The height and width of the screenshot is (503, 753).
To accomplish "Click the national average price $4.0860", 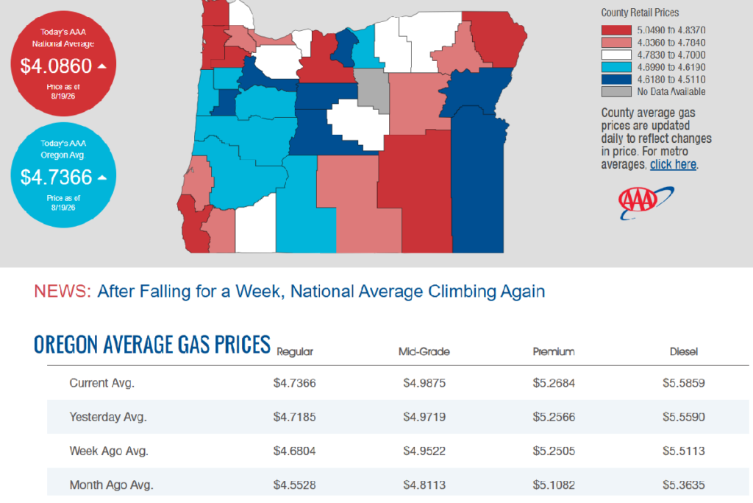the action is (x=56, y=66).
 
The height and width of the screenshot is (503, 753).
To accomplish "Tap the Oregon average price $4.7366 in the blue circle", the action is (x=56, y=177).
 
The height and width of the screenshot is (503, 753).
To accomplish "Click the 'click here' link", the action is (x=673, y=164).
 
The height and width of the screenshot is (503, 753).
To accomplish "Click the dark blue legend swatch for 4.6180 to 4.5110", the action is (x=616, y=80).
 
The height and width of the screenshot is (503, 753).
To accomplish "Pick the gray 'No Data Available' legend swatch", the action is (x=616, y=92).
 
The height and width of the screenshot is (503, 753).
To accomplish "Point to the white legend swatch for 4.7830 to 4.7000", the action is (x=616, y=54).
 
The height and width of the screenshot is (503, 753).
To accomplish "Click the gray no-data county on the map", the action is (x=372, y=90).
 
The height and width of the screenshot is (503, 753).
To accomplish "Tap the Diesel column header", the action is (x=683, y=351).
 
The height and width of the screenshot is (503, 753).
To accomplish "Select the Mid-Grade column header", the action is (x=424, y=351).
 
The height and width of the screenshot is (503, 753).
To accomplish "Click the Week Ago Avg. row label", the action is (x=109, y=451).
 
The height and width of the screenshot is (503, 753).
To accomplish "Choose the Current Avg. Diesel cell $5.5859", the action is (x=683, y=383).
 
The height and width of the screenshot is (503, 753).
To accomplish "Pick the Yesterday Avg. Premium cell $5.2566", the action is (x=554, y=417).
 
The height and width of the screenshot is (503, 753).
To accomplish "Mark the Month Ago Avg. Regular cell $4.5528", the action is (x=294, y=485).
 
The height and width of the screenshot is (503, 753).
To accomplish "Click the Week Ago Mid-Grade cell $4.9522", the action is (x=424, y=451).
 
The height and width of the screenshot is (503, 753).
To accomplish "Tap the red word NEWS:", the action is (x=63, y=292).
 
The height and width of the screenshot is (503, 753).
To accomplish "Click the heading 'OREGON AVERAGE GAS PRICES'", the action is (x=151, y=345).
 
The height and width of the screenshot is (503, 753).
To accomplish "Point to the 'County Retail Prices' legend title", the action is (x=640, y=13).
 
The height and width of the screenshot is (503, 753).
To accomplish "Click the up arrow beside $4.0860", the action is (x=101, y=66).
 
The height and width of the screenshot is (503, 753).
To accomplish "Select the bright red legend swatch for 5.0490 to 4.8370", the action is (x=616, y=30).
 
